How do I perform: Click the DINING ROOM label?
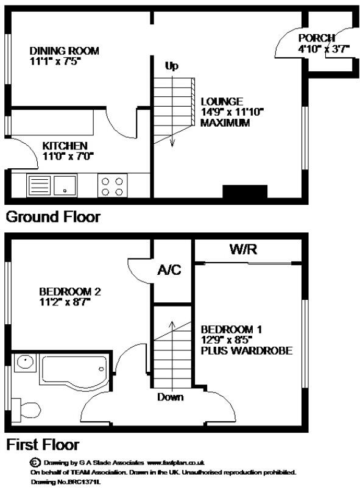pos(64,51)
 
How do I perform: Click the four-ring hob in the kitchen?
pos(112,185)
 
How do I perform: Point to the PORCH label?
pos(316,38)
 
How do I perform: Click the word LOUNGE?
pos(222,101)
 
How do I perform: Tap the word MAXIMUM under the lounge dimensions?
pos(225,122)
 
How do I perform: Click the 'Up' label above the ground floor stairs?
pos(172,66)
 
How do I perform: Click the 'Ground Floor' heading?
pos(53,216)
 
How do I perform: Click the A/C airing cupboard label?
pos(169,270)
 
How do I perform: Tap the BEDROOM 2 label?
pos(69,291)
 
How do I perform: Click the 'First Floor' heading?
pos(42,444)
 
